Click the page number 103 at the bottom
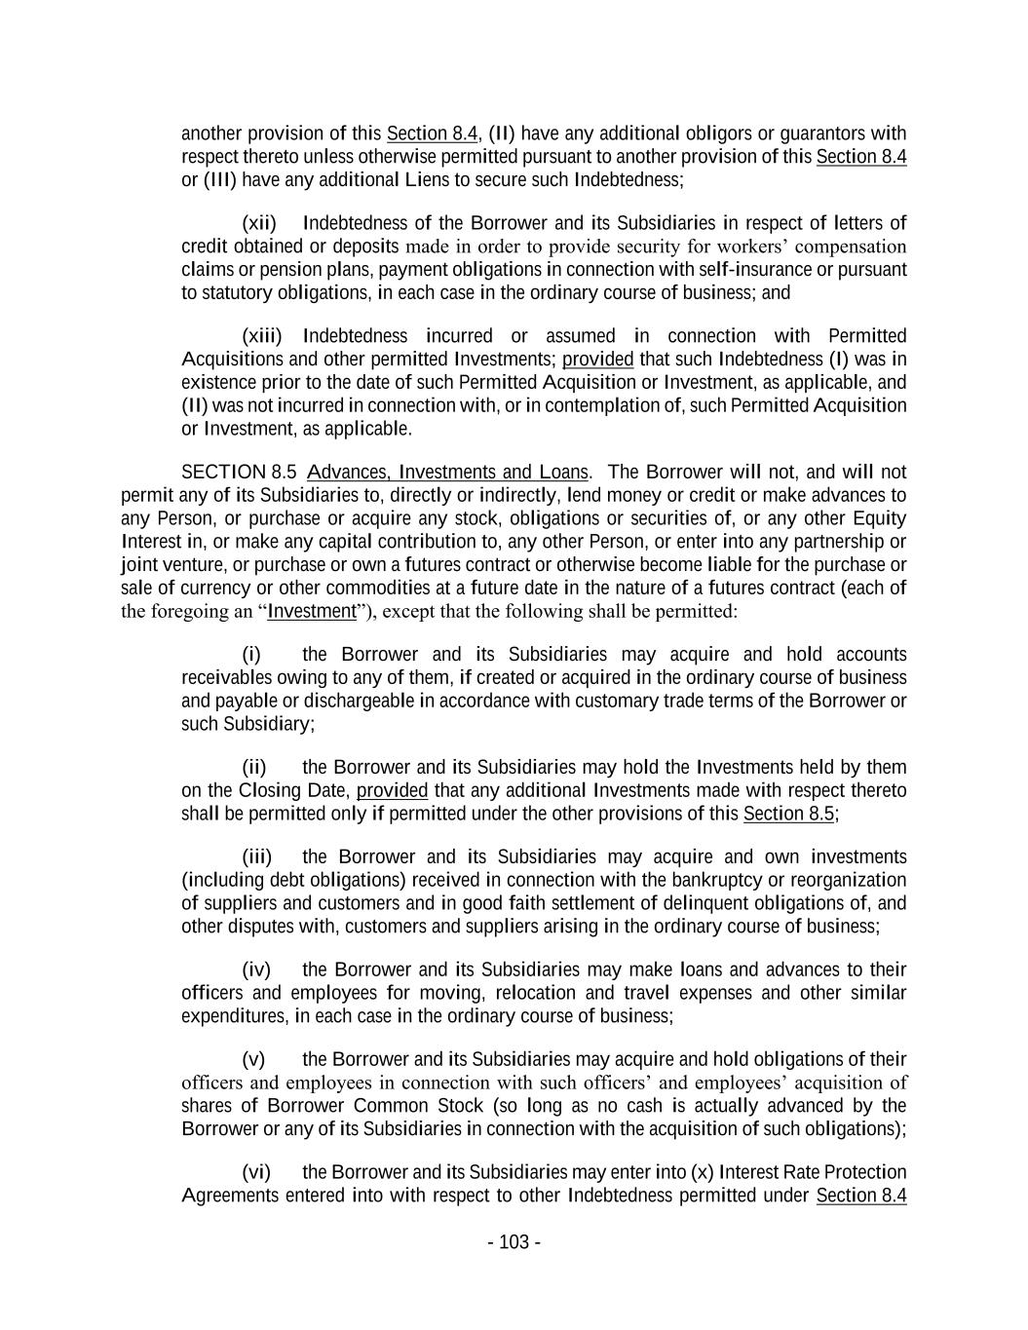click(x=514, y=1242)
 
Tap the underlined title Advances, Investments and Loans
click(x=447, y=473)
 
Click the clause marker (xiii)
click(x=261, y=336)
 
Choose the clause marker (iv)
click(x=256, y=969)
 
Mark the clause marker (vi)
click(x=256, y=1172)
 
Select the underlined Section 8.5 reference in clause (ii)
click(x=788, y=814)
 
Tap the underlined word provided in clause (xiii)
click(x=597, y=360)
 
